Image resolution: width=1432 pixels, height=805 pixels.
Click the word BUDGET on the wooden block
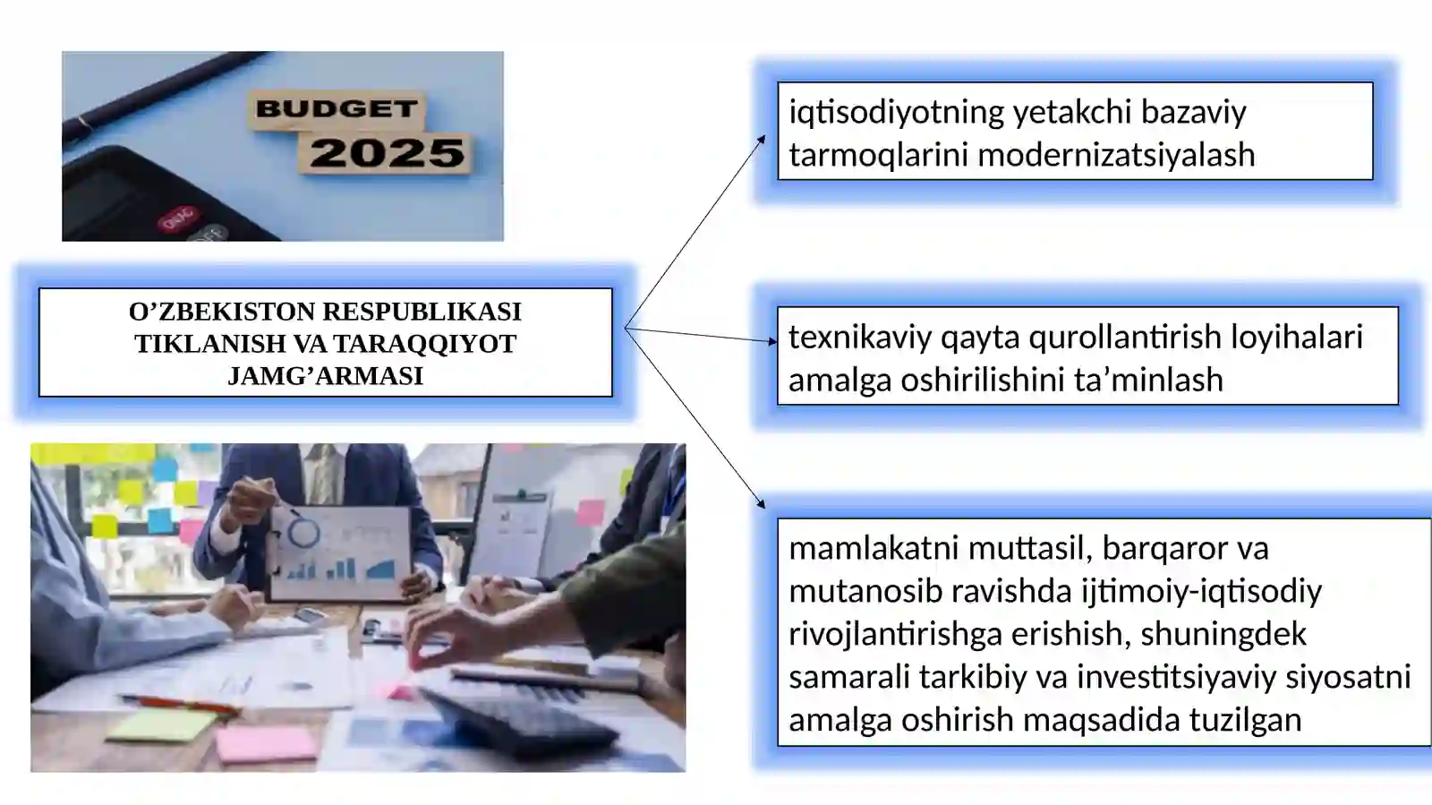tap(337, 109)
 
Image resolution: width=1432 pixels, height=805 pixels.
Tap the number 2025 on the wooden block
tap(387, 153)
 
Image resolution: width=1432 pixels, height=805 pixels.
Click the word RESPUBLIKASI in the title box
tap(422, 312)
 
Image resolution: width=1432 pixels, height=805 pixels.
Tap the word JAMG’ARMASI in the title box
tap(325, 376)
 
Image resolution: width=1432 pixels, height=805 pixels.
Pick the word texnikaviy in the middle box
tap(860, 337)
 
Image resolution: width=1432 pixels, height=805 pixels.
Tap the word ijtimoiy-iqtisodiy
tap(1201, 591)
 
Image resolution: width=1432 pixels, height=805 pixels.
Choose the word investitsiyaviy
tap(1177, 677)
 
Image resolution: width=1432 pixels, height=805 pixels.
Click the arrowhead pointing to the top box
tap(762, 140)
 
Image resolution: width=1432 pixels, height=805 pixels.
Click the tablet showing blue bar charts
tap(341, 552)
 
